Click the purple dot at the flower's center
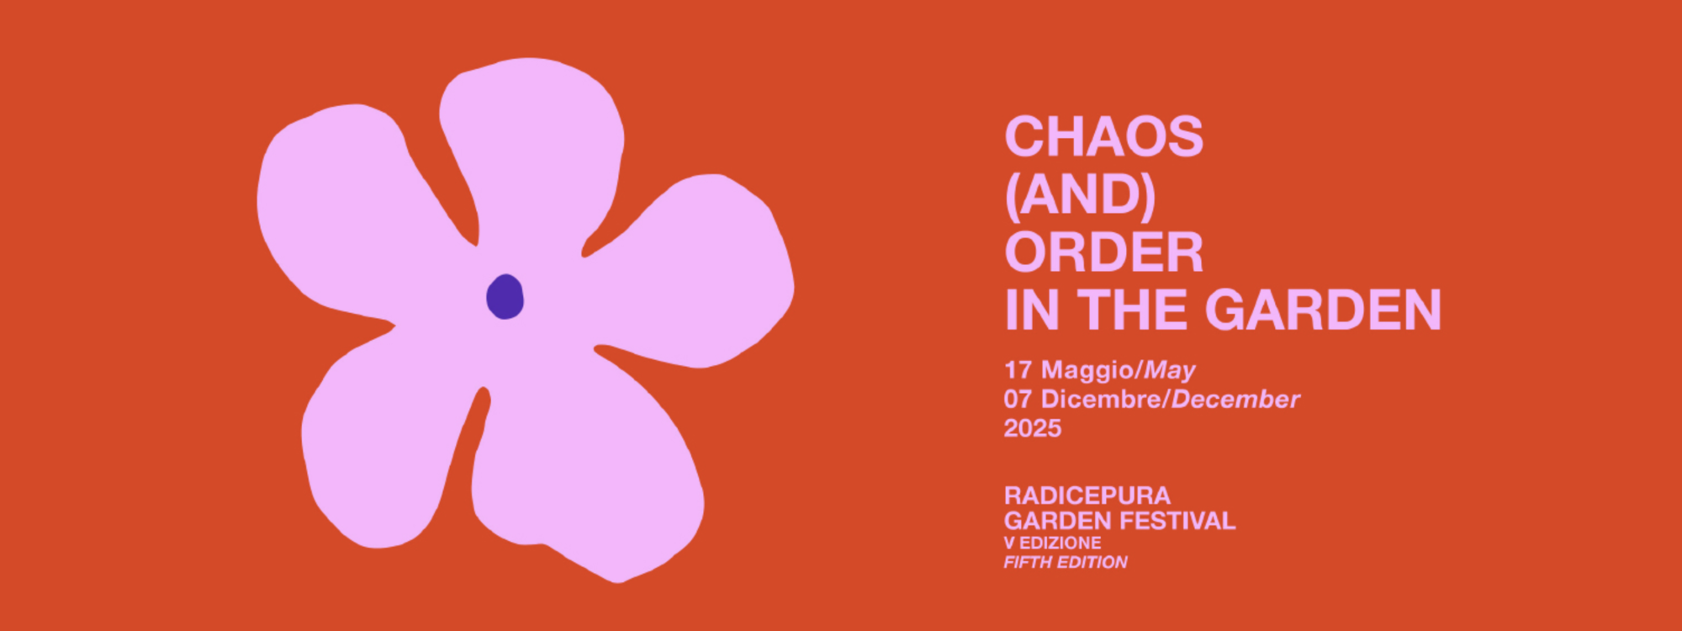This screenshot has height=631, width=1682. pos(505,297)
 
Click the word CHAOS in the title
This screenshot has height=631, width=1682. pos(1104,136)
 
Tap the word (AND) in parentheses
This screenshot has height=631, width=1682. pos(1080,194)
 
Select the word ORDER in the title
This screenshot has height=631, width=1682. pos(1104,252)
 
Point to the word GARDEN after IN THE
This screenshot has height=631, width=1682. pos(1324,310)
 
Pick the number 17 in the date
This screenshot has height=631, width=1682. pos(1018,370)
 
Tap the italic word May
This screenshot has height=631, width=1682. pos(1170,371)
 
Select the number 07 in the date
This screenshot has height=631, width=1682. pos(1018,400)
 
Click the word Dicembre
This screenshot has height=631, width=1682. pos(1101,399)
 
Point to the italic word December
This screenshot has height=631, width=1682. pos(1235,399)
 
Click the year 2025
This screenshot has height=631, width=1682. pos(1033,428)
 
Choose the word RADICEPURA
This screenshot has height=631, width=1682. pos(1087,496)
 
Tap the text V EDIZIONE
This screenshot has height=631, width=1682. pos(1053,543)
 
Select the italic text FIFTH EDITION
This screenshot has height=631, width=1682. pos(1066,562)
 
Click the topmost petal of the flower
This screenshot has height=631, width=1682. pos(532,143)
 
